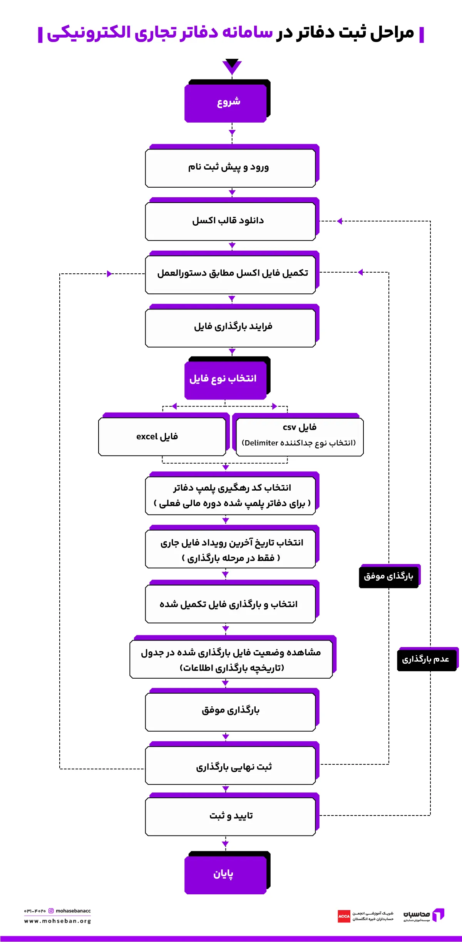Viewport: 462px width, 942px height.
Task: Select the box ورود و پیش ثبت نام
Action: (230, 168)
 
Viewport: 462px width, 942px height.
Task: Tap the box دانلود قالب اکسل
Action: (230, 221)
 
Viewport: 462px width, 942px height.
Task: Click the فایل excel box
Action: (162, 436)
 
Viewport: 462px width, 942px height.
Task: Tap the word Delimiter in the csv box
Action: (261, 443)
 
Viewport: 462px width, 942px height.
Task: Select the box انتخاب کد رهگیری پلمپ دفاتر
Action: (230, 495)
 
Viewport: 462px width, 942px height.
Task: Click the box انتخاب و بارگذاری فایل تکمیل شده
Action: (230, 604)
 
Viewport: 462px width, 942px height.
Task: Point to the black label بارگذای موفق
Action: (388, 576)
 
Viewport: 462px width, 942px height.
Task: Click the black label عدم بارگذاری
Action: (426, 659)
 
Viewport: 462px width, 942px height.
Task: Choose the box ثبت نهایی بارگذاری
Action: (230, 766)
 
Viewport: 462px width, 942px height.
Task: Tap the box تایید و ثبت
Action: (230, 816)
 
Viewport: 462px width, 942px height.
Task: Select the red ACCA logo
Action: (344, 916)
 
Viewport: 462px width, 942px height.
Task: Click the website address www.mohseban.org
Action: (58, 921)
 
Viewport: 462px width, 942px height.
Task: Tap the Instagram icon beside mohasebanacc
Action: (51, 911)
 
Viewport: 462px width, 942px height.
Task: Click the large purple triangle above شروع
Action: (232, 66)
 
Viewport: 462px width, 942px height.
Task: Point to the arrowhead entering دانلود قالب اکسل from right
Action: (340, 221)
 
